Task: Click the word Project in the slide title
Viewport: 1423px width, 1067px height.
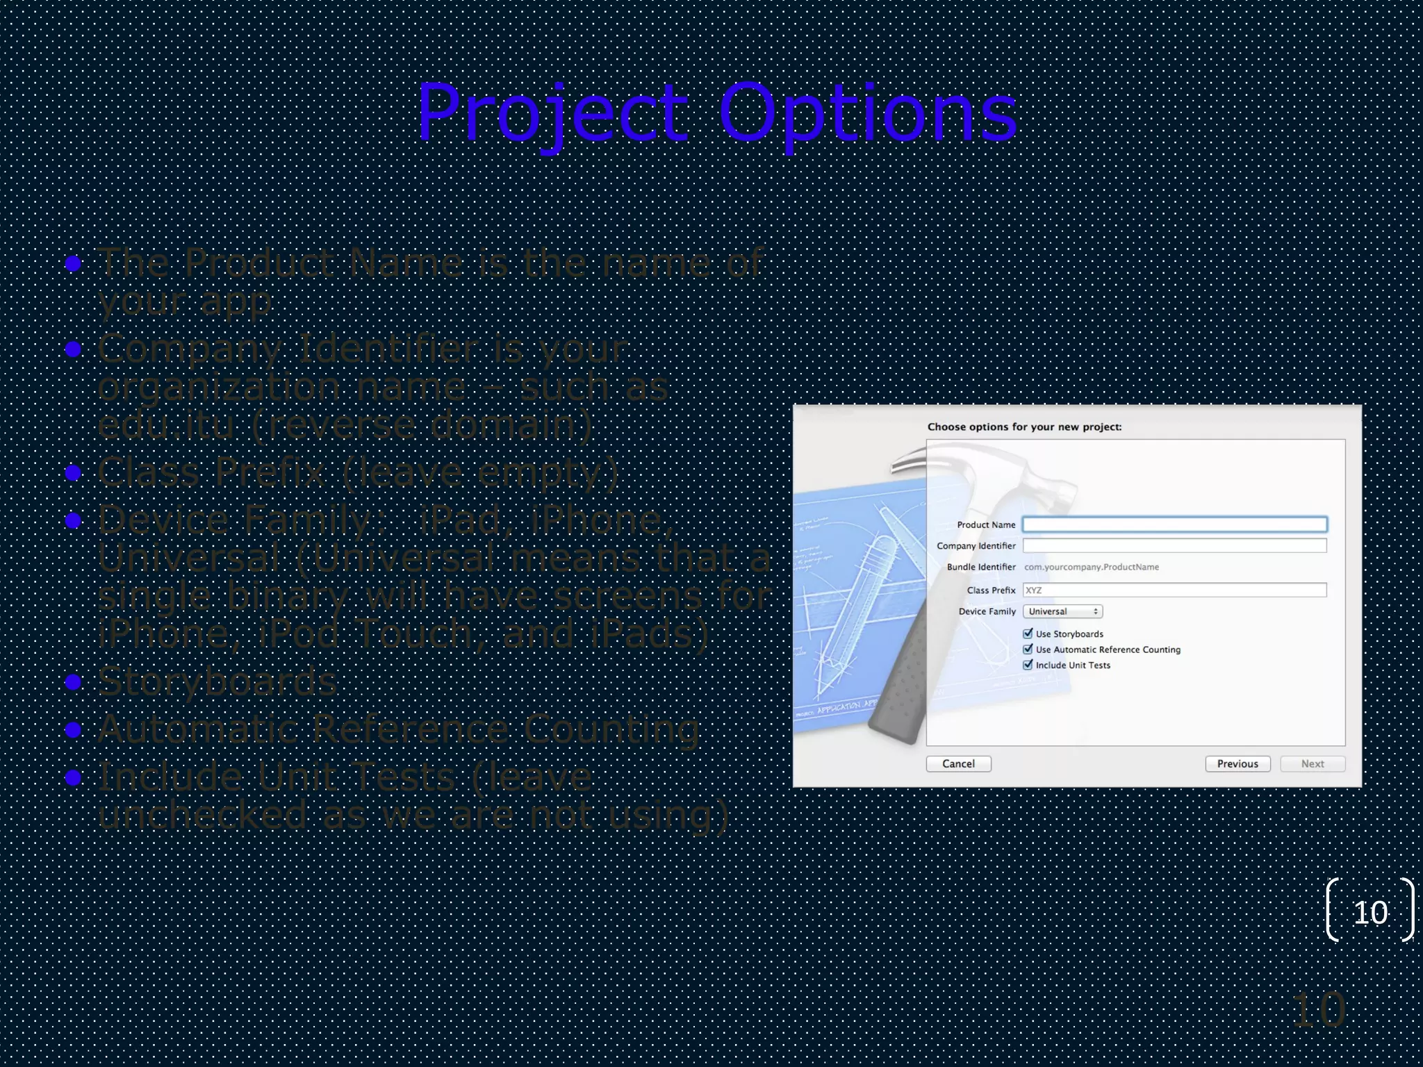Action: pyautogui.click(x=552, y=113)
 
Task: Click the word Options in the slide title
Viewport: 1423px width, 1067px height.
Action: pyautogui.click(x=867, y=113)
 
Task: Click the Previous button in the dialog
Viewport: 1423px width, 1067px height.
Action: pyautogui.click(x=1237, y=763)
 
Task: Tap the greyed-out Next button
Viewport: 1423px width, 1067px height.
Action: pyautogui.click(x=1312, y=763)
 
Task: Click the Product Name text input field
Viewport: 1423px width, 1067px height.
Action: pyautogui.click(x=1174, y=524)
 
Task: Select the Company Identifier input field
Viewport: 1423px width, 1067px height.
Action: pyautogui.click(x=1174, y=546)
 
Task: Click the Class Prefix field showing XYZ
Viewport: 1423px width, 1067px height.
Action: pyautogui.click(x=1174, y=590)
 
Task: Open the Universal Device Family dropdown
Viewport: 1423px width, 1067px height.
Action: pyautogui.click(x=1062, y=611)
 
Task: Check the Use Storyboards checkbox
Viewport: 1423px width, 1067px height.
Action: pyautogui.click(x=1028, y=634)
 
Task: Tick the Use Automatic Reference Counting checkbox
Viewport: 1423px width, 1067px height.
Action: pyautogui.click(x=1028, y=649)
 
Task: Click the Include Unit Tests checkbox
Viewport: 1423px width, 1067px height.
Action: pyautogui.click(x=1028, y=665)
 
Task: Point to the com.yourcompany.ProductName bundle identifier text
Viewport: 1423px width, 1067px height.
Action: pyautogui.click(x=1091, y=567)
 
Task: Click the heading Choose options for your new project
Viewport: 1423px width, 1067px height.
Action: pyautogui.click(x=1024, y=427)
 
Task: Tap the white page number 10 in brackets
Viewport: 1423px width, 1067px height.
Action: pyautogui.click(x=1370, y=912)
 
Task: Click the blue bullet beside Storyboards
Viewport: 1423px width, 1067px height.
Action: pyautogui.click(x=73, y=682)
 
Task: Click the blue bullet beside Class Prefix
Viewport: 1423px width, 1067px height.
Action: pyautogui.click(x=73, y=473)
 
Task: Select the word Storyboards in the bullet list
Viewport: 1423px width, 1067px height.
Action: pyautogui.click(x=217, y=681)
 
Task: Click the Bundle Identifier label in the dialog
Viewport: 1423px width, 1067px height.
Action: pyautogui.click(x=981, y=567)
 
